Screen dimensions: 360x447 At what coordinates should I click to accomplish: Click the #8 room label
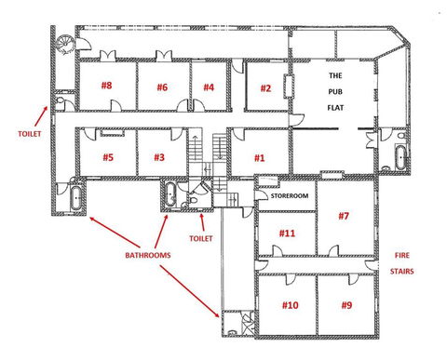pyautogui.click(x=106, y=87)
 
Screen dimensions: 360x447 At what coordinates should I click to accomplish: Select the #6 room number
pyautogui.click(x=162, y=87)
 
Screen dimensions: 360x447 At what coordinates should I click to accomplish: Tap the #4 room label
pyautogui.click(x=209, y=88)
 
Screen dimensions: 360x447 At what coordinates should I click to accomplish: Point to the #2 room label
pyautogui.click(x=265, y=88)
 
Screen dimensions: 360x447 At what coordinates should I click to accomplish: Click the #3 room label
pyautogui.click(x=158, y=157)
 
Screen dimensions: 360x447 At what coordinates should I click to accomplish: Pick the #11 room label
pyautogui.click(x=287, y=233)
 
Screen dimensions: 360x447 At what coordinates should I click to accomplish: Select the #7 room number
pyautogui.click(x=344, y=217)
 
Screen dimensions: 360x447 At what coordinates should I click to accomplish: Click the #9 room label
pyautogui.click(x=346, y=305)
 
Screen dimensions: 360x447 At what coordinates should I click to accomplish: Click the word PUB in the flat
pyautogui.click(x=335, y=91)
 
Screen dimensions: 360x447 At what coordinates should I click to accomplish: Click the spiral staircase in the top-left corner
pyautogui.click(x=64, y=43)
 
